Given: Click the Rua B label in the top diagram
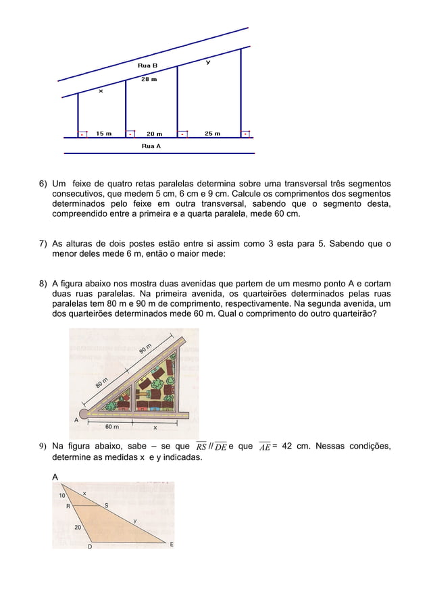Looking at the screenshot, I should tap(147, 66).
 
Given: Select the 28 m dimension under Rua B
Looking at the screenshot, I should tap(149, 79).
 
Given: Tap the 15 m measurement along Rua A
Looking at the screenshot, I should tap(103, 134).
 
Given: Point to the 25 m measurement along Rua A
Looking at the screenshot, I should tap(212, 134).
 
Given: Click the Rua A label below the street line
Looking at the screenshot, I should tap(151, 146).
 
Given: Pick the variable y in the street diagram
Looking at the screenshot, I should tap(207, 62).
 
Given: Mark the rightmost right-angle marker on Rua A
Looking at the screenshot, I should tap(246, 134).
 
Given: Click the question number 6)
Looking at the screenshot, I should tap(43, 184).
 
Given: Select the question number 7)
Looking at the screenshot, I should tap(43, 244).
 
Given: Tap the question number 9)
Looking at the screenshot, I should tap(43, 447).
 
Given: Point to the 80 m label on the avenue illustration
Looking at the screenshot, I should tap(102, 384).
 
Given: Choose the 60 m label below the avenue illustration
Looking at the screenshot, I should tap(112, 427).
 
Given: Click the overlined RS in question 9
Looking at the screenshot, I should tap(201, 447).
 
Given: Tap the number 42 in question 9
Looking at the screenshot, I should tap(288, 447).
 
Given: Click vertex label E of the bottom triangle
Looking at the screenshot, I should tap(171, 544).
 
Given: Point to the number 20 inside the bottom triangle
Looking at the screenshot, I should tap(78, 527).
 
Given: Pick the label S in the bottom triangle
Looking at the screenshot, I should tap(106, 505).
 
